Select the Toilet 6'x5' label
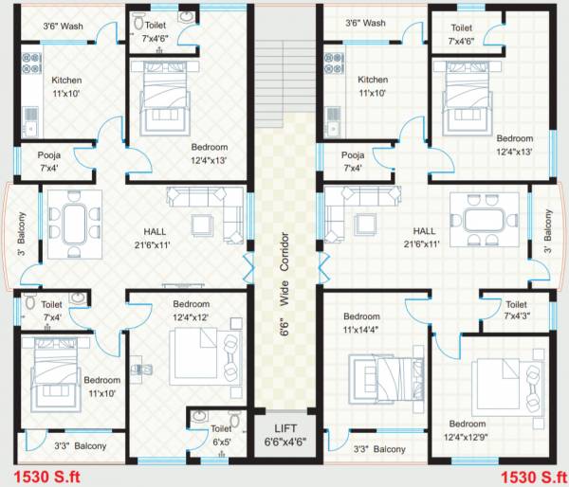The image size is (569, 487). tap(221, 434)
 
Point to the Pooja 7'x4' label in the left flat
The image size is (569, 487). tap(50, 161)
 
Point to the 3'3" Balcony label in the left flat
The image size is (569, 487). tap(80, 445)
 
